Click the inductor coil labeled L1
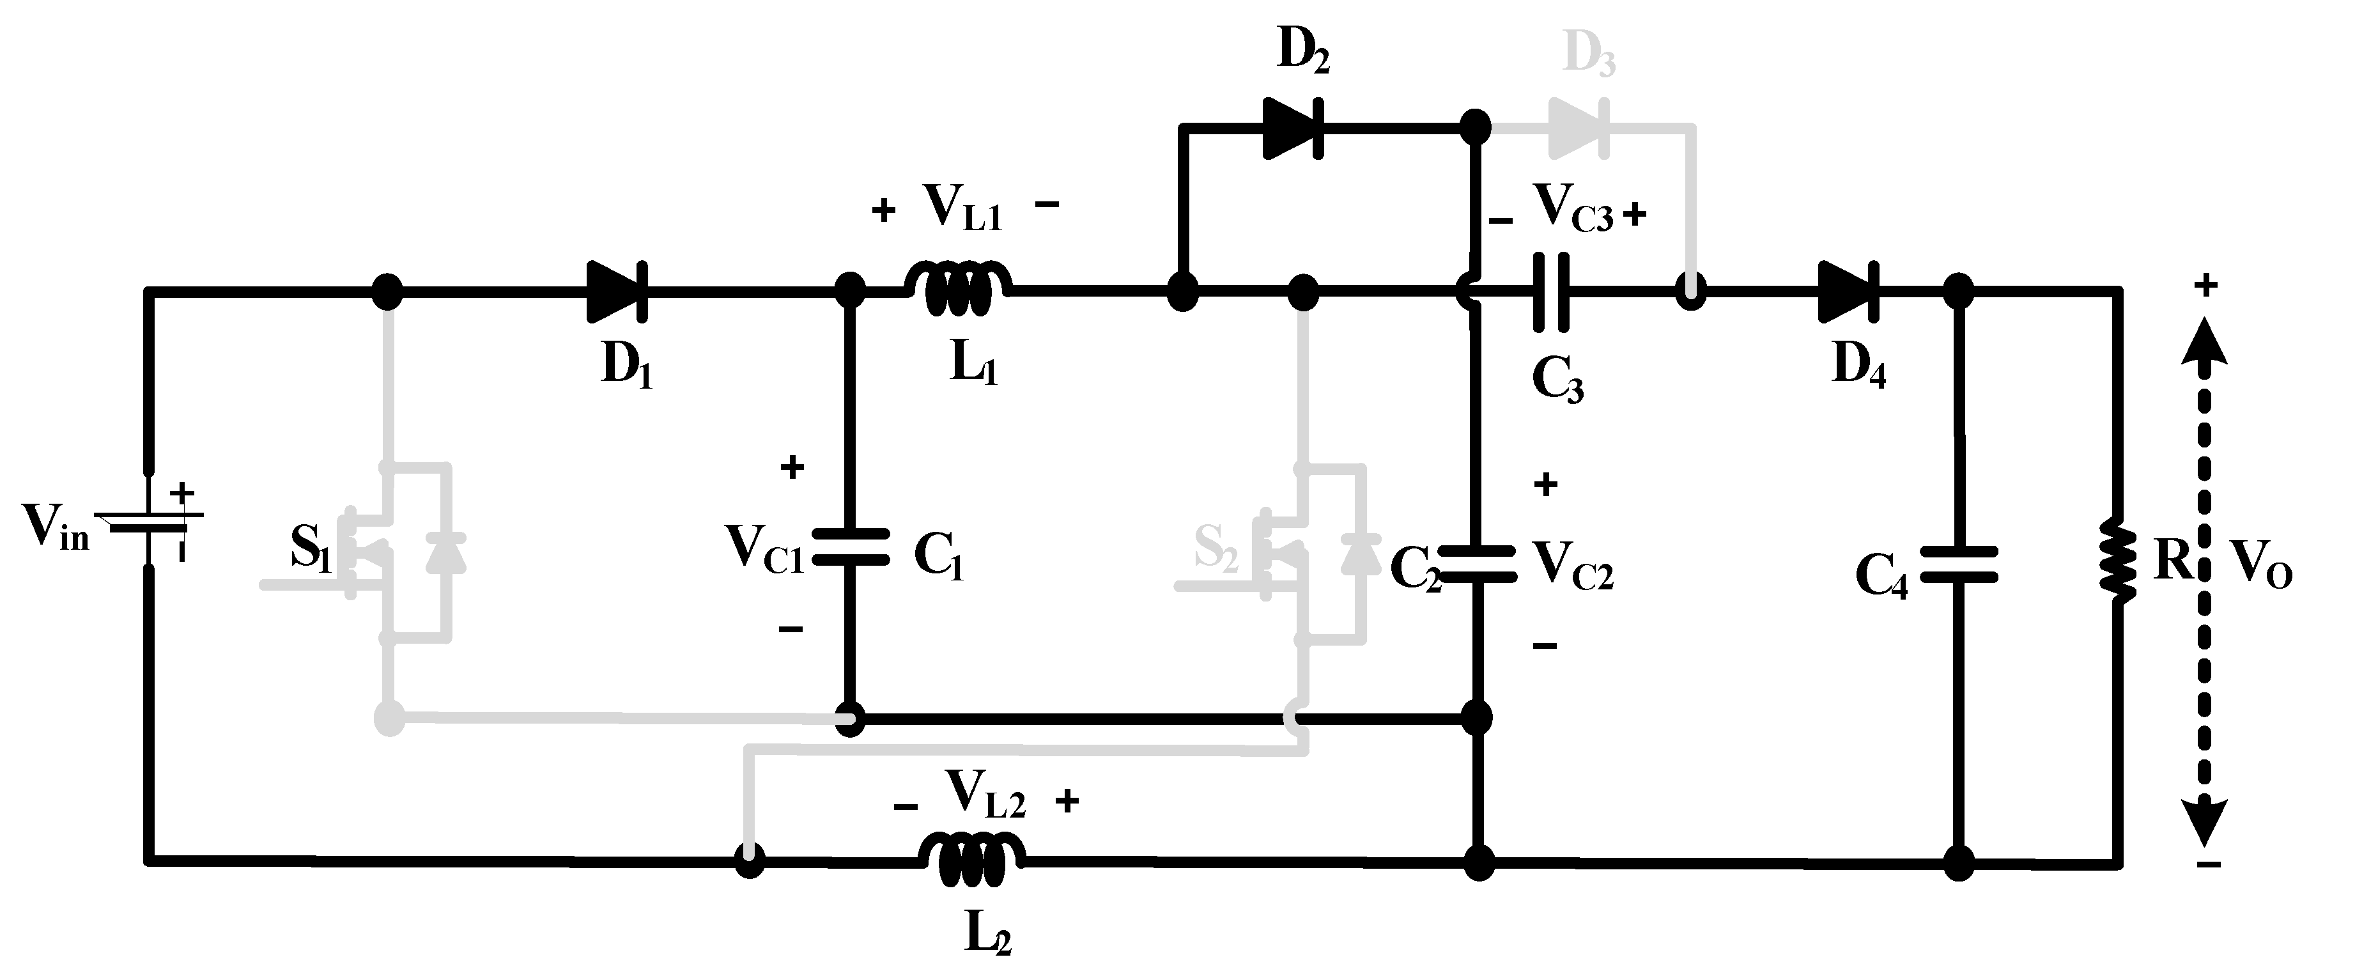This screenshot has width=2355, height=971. [x=958, y=289]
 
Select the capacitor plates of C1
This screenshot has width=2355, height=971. [x=850, y=547]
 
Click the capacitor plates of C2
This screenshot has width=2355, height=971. [x=1476, y=564]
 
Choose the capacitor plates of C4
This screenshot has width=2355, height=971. [x=1958, y=564]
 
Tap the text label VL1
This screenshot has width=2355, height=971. [x=962, y=208]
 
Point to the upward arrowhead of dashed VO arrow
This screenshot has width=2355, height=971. [x=2207, y=343]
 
